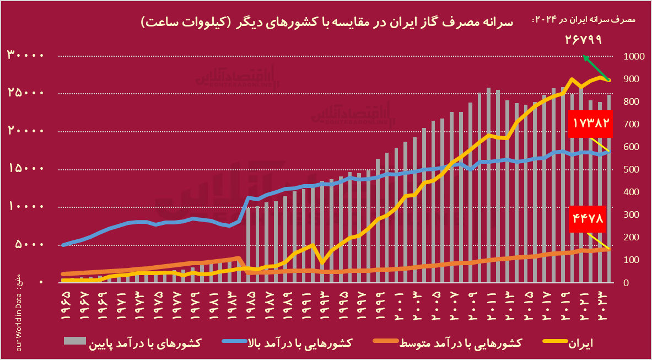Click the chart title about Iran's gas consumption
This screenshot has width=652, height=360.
(327, 23)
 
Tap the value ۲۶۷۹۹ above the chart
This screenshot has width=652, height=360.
(583, 40)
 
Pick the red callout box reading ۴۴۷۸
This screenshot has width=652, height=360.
(589, 218)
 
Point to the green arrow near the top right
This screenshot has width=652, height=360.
(595, 67)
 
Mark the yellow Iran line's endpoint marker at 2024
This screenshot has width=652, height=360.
(609, 80)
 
